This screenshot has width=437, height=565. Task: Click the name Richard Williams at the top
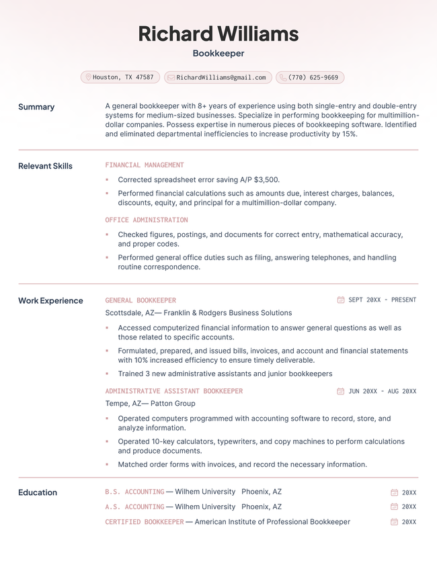(x=218, y=34)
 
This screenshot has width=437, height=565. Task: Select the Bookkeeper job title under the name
(x=218, y=53)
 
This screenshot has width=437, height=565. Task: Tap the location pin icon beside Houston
(x=88, y=77)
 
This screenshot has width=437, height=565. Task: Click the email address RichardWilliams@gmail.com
(x=221, y=77)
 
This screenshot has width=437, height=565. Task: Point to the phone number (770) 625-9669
(x=313, y=77)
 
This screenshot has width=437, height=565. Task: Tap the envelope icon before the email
(x=171, y=77)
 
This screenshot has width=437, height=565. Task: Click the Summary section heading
(x=36, y=107)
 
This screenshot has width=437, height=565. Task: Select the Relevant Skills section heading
(x=45, y=166)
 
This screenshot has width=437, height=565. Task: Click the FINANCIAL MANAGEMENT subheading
(x=144, y=165)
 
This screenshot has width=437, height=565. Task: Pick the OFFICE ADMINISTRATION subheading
(x=146, y=220)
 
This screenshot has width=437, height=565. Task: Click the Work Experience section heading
(x=50, y=300)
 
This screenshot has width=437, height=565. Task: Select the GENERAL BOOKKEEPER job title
(x=141, y=300)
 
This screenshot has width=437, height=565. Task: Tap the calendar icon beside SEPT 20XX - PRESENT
(x=341, y=300)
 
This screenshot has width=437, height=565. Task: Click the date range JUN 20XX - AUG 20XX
(x=382, y=391)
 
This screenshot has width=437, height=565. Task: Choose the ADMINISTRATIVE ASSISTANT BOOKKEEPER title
(x=173, y=391)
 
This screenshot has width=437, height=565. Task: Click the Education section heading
(x=38, y=492)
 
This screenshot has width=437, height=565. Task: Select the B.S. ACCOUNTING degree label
(x=134, y=492)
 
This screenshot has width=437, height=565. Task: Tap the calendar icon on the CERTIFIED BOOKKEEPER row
(x=394, y=522)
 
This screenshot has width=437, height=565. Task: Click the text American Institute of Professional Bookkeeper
(x=272, y=521)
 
